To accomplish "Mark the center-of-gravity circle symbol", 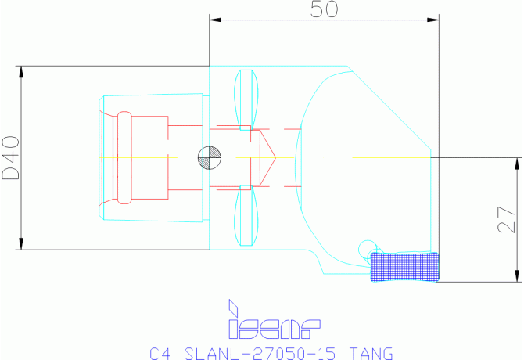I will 210,157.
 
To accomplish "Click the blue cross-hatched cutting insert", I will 404,267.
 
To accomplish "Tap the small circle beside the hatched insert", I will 367,249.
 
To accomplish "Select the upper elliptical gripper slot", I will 246,97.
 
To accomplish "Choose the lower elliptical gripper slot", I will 246,215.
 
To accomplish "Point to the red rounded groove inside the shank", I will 124,157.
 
